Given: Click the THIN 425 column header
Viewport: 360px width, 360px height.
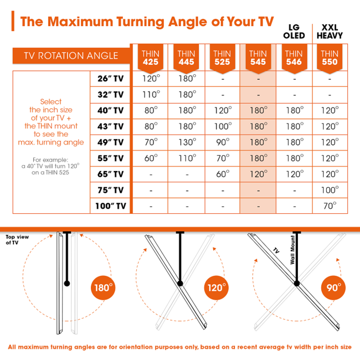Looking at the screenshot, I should click(150, 58).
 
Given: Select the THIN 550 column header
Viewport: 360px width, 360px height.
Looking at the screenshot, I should click(330, 58).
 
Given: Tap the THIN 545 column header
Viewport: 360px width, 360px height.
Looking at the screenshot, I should click(258, 58).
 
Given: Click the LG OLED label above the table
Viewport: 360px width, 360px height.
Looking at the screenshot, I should click(294, 31).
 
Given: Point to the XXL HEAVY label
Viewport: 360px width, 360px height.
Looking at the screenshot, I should click(330, 31).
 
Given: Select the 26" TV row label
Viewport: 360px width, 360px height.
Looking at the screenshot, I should click(110, 79).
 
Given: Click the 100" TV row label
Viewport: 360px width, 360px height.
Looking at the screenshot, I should click(110, 206).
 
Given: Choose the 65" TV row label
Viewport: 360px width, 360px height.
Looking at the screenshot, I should click(110, 174).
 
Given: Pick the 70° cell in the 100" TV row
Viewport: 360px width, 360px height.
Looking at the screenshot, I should click(330, 206).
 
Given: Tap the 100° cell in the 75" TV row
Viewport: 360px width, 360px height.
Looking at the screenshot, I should click(330, 190).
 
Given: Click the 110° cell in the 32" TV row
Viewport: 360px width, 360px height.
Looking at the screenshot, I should click(150, 95).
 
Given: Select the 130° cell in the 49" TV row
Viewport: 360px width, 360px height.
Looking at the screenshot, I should click(186, 142).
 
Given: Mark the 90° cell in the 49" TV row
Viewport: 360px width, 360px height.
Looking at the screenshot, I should click(222, 142).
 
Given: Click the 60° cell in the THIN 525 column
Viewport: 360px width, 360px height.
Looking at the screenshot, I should click(222, 174).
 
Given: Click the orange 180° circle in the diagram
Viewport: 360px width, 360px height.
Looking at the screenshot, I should click(103, 288).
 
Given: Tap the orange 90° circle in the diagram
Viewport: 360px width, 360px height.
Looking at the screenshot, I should click(333, 288).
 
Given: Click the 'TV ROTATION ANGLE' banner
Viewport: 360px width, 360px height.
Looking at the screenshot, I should click(71, 55).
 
